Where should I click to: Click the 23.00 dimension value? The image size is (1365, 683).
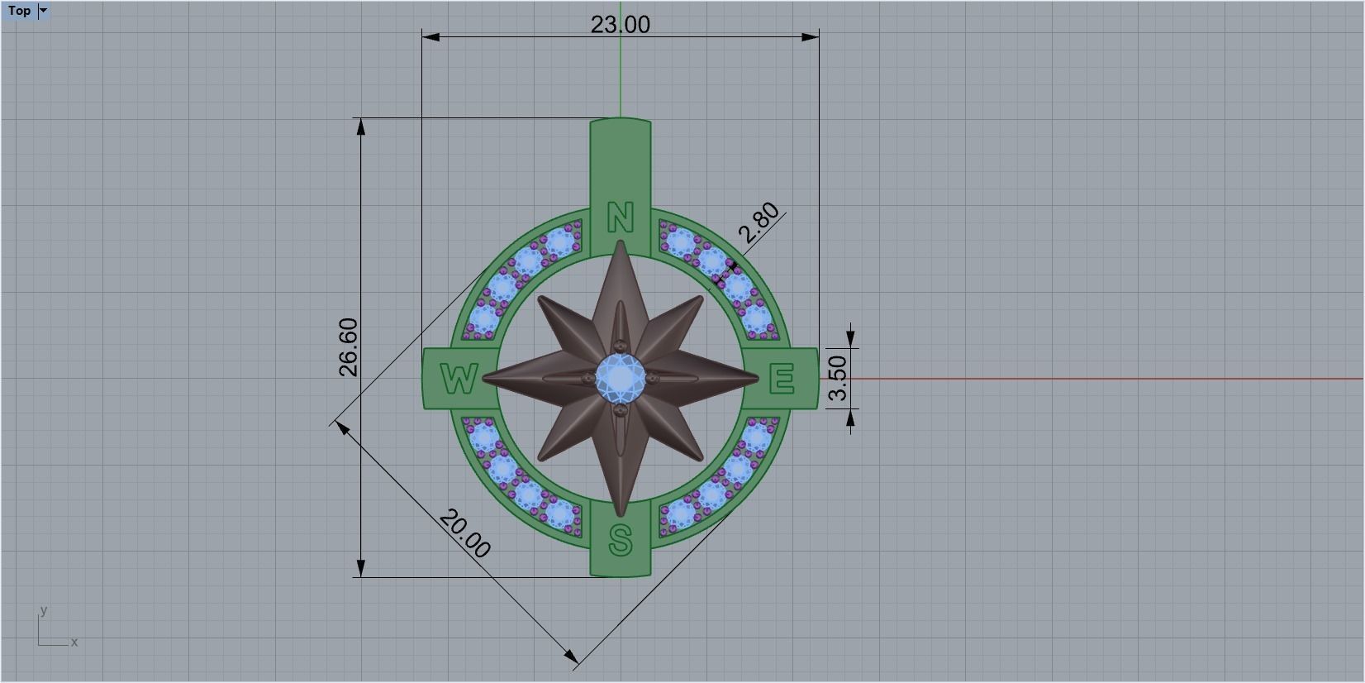620,25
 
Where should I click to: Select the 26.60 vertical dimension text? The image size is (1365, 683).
349,346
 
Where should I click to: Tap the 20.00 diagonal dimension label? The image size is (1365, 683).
464,534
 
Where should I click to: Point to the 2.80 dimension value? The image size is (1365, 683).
759,222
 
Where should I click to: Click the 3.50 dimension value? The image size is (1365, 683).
838,378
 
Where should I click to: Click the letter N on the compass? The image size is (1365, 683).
621,218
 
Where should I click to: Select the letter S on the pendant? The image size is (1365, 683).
621,541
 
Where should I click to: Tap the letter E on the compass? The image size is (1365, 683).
782,380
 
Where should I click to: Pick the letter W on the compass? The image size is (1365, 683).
459,380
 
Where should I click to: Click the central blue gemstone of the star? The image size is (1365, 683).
621,377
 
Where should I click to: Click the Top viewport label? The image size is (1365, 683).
19,11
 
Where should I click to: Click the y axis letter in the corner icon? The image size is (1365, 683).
44,611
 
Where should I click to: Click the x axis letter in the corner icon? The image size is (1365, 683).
74,642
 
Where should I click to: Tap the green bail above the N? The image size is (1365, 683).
621,161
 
